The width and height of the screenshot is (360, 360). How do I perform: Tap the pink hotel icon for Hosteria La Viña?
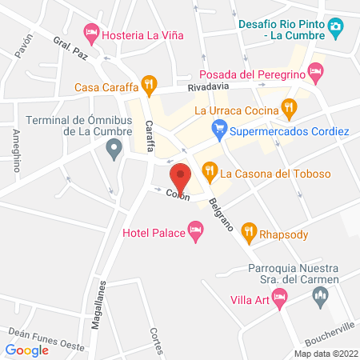pyautogui.click(x=90, y=34)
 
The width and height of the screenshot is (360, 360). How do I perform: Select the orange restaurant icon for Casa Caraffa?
pyautogui.click(x=148, y=83)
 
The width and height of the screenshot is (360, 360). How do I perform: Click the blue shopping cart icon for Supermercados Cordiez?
pyautogui.click(x=218, y=128)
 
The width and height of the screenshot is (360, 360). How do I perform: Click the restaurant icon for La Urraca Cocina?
pyautogui.click(x=290, y=106)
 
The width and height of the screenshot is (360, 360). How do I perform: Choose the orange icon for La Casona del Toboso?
pyautogui.click(x=210, y=169)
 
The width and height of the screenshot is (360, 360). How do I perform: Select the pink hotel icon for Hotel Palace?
pyautogui.click(x=195, y=232)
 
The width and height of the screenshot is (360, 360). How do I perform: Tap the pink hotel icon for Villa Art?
pyautogui.click(x=279, y=298)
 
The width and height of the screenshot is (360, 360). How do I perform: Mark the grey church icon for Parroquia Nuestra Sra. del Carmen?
pyautogui.click(x=321, y=298)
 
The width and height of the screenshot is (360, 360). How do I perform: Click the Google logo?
pyautogui.click(x=27, y=349)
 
